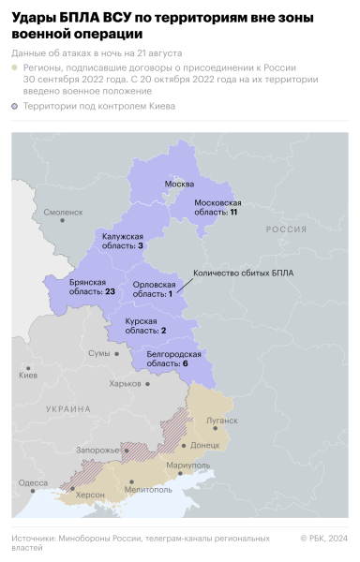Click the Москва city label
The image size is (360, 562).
[x=179, y=184]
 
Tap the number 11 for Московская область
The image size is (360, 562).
[x=234, y=213]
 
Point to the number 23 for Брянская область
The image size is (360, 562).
[x=110, y=292]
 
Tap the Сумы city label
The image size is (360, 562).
[x=98, y=354]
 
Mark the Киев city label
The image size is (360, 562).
[x=28, y=374]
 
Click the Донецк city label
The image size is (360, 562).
[x=205, y=446]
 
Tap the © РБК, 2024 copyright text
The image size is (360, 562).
[x=323, y=538]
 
